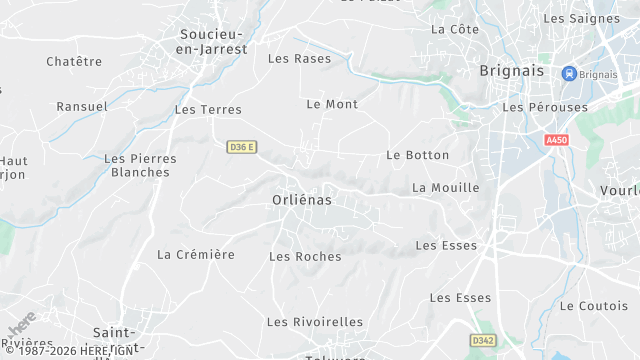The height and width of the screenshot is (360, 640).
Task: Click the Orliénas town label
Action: (301, 200)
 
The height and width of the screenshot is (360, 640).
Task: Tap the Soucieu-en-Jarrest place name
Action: (213, 41)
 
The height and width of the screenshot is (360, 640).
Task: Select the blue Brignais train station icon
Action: (569, 73)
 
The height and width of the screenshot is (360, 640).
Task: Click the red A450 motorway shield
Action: (557, 140)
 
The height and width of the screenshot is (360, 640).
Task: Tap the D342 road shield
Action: (483, 341)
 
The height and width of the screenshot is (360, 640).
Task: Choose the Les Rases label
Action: (299, 59)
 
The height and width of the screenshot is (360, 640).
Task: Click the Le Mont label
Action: (331, 104)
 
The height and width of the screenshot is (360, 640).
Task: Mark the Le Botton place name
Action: (417, 156)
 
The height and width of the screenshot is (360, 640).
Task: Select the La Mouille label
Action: (445, 188)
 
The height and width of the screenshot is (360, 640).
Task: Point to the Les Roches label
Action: (305, 257)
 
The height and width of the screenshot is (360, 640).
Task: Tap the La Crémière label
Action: (196, 255)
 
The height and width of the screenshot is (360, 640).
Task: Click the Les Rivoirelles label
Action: (315, 322)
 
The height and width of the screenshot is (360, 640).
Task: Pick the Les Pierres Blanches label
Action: (141, 165)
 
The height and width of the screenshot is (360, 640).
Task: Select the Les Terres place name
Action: (208, 110)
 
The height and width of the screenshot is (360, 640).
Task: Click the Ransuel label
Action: (81, 107)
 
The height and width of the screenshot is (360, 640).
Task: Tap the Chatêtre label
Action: (74, 62)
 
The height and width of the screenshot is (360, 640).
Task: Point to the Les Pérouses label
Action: (540, 107)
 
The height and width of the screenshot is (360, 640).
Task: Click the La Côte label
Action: (455, 30)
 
